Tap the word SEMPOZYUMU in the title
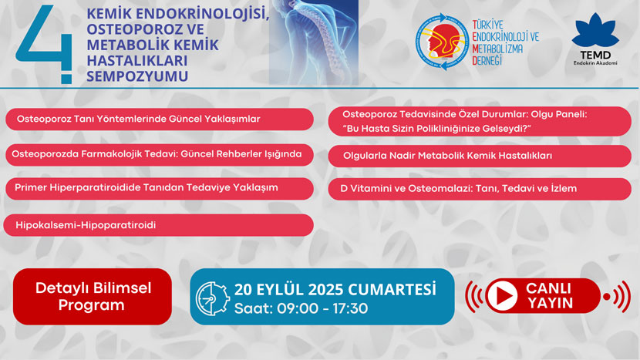[137, 76]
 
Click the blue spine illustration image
[314, 42]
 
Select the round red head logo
[442, 42]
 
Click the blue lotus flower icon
[595, 31]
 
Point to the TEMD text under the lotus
[595, 55]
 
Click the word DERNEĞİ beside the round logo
[487, 61]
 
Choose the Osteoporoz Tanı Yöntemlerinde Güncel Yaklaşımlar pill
[160, 119]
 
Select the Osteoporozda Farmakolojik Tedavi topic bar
[160, 155]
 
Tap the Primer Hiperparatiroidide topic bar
[160, 189]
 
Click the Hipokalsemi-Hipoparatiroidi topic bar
[158, 225]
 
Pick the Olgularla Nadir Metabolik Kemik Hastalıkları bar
[480, 156]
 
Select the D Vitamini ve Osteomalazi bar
[480, 189]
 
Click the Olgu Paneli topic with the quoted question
[480, 121]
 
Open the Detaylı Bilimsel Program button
[93, 297]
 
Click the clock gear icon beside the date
[212, 298]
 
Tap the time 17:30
[350, 308]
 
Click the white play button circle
[502, 295]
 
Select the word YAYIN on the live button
[551, 303]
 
